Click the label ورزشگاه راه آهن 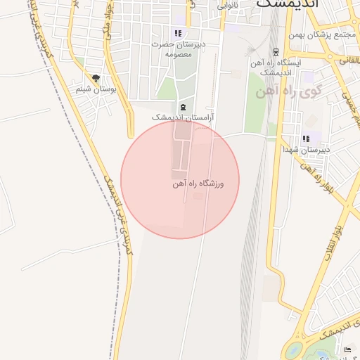198,184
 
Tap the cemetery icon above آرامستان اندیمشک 183,107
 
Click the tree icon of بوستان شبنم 96,79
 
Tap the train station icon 276,51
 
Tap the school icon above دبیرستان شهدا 305,139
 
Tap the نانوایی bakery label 227,5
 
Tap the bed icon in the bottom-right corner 347,349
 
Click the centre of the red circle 180,180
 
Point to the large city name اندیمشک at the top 288,4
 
